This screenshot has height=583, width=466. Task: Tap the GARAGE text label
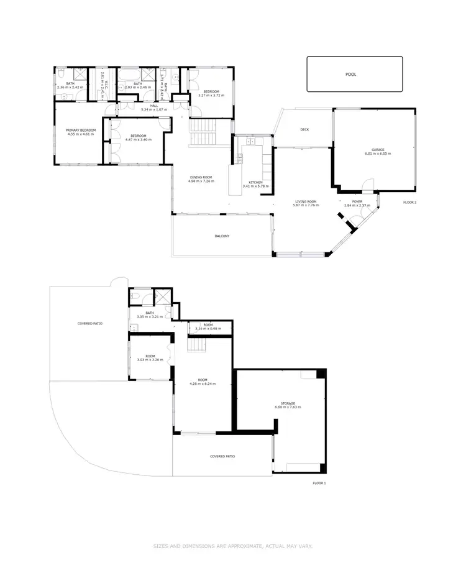click(x=377, y=149)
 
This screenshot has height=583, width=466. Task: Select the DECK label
click(x=304, y=130)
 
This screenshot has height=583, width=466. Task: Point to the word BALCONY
click(x=223, y=236)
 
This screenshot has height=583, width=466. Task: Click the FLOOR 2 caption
click(x=409, y=203)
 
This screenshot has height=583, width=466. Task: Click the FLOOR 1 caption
click(x=319, y=483)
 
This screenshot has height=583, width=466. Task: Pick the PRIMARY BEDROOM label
click(x=80, y=130)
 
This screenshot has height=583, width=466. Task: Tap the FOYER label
click(x=357, y=201)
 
